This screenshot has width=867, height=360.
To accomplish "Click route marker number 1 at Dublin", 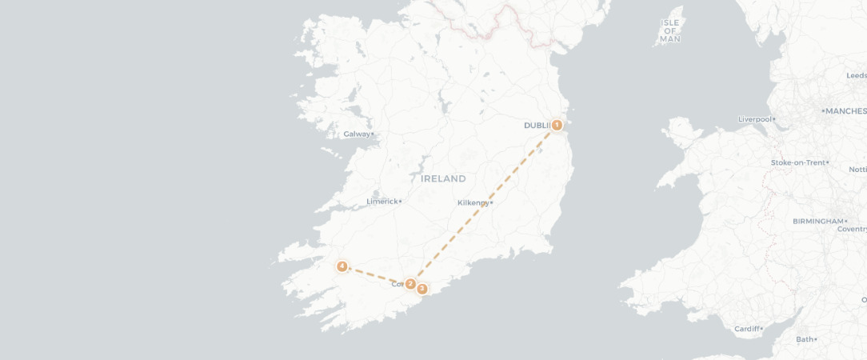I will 557,125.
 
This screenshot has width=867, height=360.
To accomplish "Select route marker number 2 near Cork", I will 410,284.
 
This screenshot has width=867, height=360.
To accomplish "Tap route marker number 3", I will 422,289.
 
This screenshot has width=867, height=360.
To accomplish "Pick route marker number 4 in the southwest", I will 342,266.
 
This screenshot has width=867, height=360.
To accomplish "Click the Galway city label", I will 357,134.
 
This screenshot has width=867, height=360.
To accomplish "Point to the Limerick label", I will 382,202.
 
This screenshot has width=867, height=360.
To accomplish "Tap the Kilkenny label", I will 473,203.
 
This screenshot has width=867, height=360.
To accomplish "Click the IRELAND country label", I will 443,178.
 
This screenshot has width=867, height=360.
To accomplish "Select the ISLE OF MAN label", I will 670,30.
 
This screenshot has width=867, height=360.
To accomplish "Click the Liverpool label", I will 754,119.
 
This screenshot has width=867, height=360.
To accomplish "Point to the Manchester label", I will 846,111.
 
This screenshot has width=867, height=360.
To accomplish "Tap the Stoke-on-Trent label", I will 797,162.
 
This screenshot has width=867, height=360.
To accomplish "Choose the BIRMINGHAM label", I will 817,221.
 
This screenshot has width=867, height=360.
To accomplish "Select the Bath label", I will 804,339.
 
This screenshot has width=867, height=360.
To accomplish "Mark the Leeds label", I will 856,75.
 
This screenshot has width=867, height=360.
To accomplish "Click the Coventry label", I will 851,230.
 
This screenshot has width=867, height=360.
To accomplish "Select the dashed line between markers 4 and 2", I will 376,275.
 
